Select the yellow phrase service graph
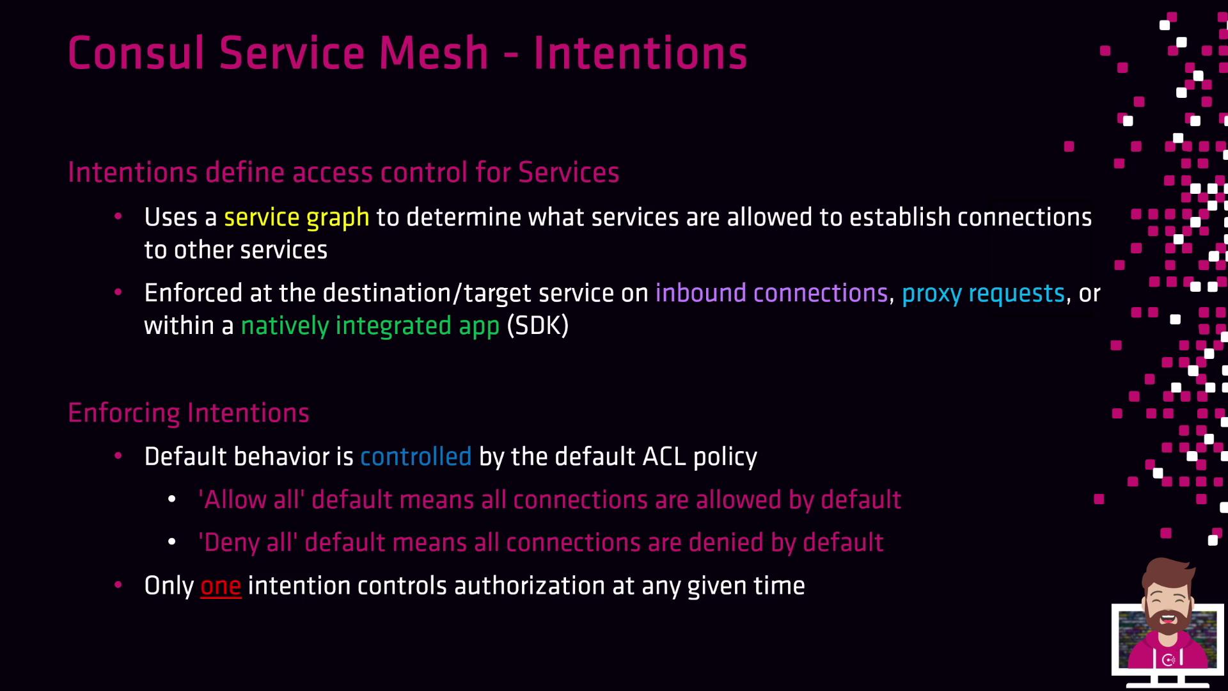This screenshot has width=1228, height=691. tap(297, 218)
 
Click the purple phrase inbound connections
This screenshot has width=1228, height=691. tap(772, 293)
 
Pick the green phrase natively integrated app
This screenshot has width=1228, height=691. tap(370, 326)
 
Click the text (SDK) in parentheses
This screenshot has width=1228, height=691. tap(538, 326)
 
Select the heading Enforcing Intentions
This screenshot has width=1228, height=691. tap(189, 413)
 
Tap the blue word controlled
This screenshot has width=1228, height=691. tap(416, 457)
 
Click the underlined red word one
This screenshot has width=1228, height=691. tap(221, 587)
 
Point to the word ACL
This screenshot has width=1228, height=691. tap(664, 457)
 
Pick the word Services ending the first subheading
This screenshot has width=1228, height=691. tap(569, 173)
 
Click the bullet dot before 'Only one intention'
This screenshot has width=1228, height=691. tap(118, 585)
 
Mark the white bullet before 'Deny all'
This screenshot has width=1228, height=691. tap(171, 542)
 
